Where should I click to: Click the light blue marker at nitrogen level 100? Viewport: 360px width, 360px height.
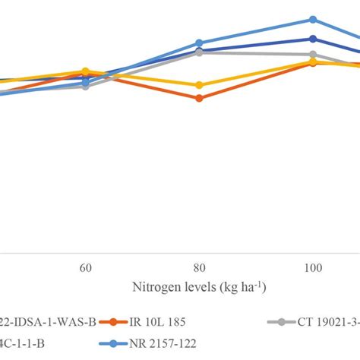pyautogui.click(x=312, y=20)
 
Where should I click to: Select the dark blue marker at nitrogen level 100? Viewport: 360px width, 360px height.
pyautogui.click(x=312, y=39)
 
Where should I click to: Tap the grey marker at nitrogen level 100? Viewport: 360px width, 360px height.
pyautogui.click(x=312, y=55)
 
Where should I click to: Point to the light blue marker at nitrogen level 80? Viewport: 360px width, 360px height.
pyautogui.click(x=199, y=43)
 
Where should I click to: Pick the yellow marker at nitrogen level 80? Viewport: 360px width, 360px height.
pyautogui.click(x=199, y=84)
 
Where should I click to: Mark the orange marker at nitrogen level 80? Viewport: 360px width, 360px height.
pyautogui.click(x=199, y=98)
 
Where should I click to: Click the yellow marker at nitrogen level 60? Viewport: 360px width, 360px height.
pyautogui.click(x=86, y=71)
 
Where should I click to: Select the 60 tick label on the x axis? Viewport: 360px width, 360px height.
pyautogui.click(x=86, y=268)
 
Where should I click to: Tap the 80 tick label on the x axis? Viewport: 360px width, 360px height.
pyautogui.click(x=199, y=268)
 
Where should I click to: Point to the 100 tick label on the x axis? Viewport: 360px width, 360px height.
pyautogui.click(x=312, y=268)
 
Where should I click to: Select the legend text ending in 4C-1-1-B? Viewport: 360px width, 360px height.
pyautogui.click(x=23, y=343)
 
